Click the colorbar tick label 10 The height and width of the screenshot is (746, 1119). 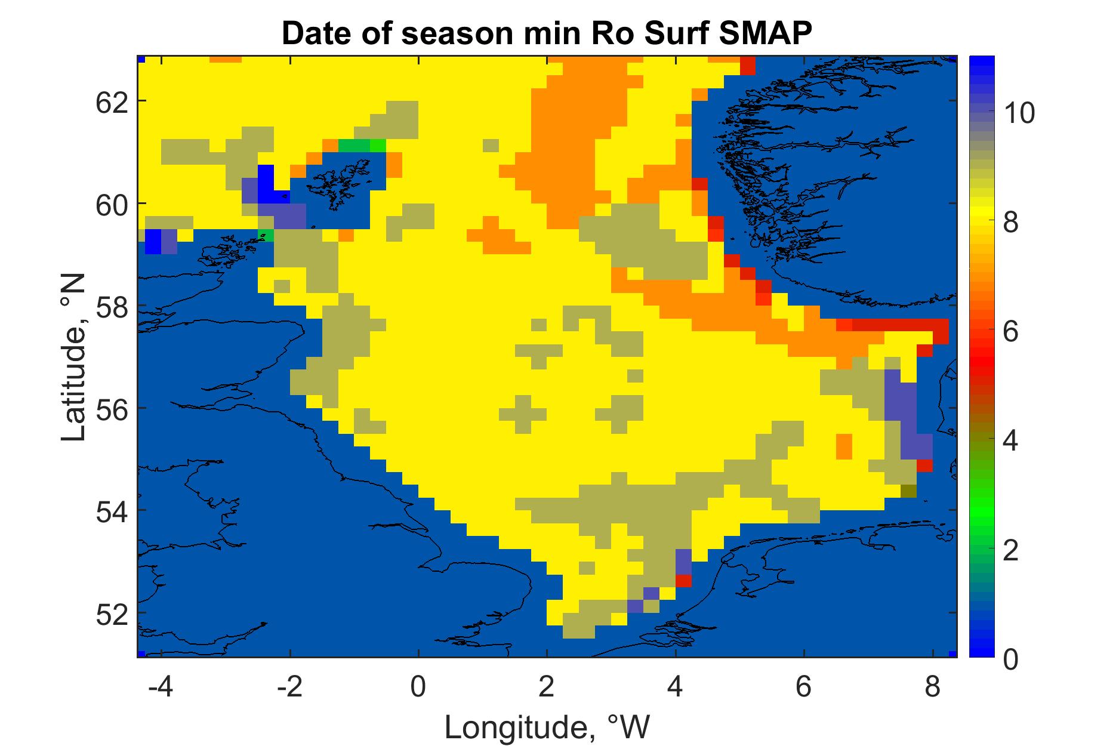point(1018,113)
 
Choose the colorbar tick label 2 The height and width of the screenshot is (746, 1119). point(1010,551)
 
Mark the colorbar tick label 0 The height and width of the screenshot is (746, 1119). point(1010,660)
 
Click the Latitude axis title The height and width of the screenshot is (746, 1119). point(74,357)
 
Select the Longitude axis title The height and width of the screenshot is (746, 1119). point(547,726)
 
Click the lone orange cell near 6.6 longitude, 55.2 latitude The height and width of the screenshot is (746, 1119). point(844,446)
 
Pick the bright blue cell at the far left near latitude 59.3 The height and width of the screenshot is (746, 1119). point(153,242)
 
